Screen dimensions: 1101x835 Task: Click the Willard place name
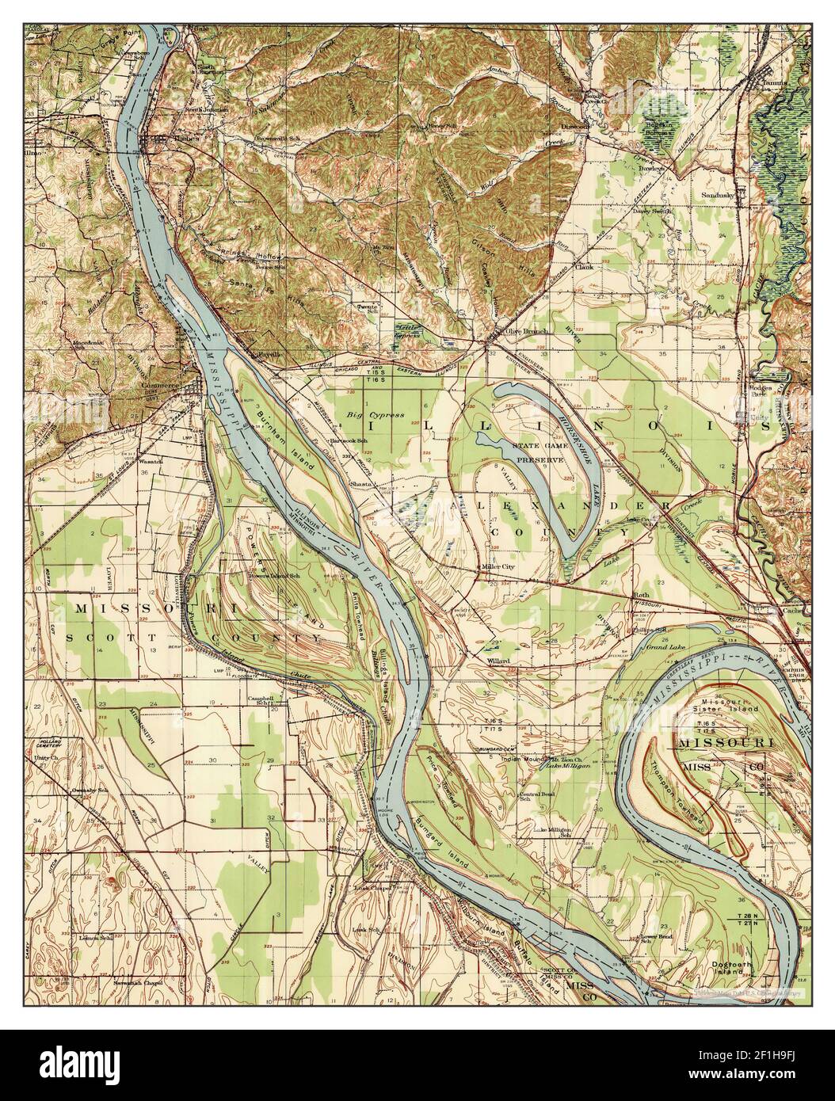(498, 660)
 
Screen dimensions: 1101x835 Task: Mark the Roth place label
(640, 594)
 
